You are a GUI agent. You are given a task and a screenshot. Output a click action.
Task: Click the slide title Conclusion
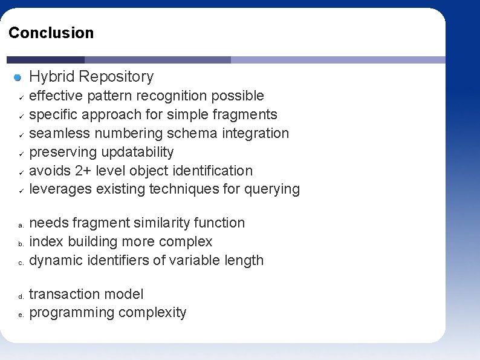coord(51,33)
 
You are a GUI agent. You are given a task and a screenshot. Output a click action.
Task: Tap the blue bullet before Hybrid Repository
coord(18,77)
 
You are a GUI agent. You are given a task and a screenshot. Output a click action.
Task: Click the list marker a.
coord(20,225)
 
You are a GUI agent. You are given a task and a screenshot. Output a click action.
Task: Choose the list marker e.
coord(20,315)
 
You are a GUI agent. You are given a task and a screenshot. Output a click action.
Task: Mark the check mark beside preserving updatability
coord(20,153)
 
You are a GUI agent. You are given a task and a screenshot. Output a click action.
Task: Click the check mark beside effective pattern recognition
coord(20,97)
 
